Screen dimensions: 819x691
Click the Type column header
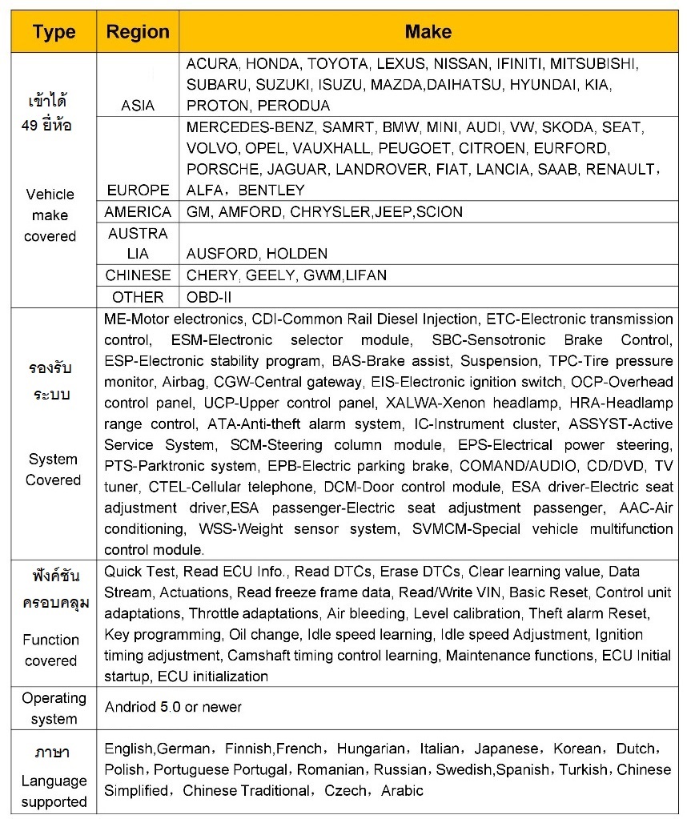pyautogui.click(x=54, y=32)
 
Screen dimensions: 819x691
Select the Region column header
pyautogui.click(x=138, y=32)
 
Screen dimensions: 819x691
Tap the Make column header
pyautogui.click(x=428, y=32)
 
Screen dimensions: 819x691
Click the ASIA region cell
pyautogui.click(x=138, y=106)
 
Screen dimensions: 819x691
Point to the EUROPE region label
pyautogui.click(x=138, y=191)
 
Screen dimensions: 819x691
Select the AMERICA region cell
pyautogui.click(x=138, y=212)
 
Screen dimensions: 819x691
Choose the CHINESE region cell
pyautogui.click(x=138, y=275)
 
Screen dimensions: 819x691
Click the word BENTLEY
pyautogui.click(x=271, y=191)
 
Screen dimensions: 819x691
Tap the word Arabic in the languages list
pyautogui.click(x=402, y=791)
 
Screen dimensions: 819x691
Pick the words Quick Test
pyautogui.click(x=139, y=572)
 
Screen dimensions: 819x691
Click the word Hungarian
pyautogui.click(x=371, y=749)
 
